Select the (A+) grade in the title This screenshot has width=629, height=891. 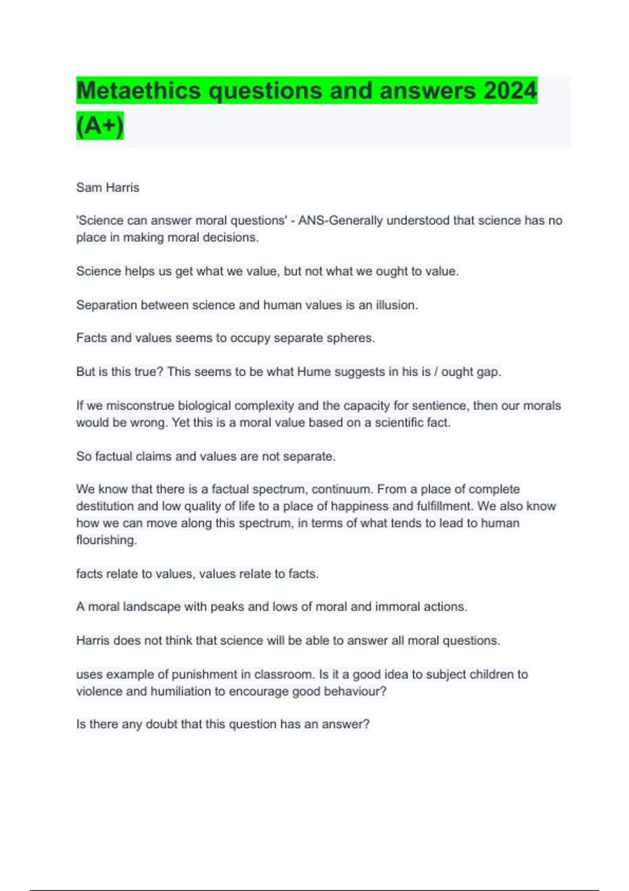pyautogui.click(x=100, y=126)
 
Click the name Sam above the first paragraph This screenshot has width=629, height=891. pyautogui.click(x=89, y=188)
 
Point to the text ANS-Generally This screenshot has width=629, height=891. pyautogui.click(x=340, y=221)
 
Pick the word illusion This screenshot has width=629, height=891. pyautogui.click(x=396, y=305)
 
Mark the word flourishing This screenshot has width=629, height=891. pyautogui.click(x=106, y=540)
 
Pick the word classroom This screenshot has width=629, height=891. pyautogui.click(x=284, y=675)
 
